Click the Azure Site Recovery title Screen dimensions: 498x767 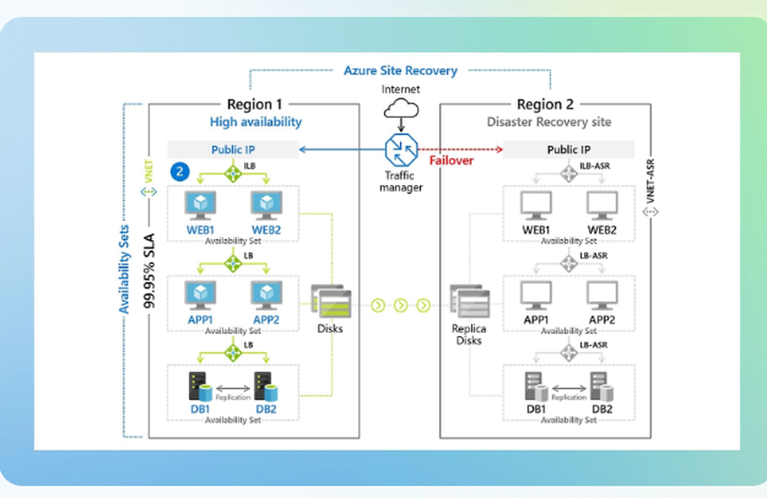[400, 71]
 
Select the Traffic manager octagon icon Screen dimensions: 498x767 [401, 149]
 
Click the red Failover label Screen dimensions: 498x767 [451, 160]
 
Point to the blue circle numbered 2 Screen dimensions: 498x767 [179, 172]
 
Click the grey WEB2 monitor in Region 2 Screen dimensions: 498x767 [602, 204]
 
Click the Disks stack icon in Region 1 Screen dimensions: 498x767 [331, 302]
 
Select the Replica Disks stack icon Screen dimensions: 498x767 [468, 302]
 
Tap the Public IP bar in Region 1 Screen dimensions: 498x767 [233, 150]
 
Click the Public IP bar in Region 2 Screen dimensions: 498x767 [568, 150]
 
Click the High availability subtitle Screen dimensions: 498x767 [255, 121]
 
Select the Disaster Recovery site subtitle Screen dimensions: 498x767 [549, 121]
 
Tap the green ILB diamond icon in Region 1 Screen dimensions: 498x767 [233, 173]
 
